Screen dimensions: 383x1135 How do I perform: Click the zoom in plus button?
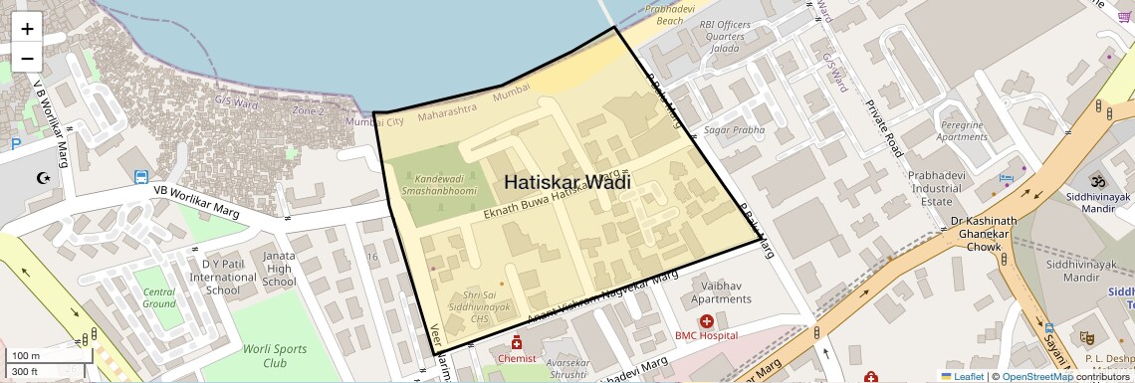(27, 29)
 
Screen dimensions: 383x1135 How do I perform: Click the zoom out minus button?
(27, 58)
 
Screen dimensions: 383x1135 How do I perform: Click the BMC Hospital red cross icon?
(706, 321)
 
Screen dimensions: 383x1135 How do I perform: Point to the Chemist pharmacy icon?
(518, 343)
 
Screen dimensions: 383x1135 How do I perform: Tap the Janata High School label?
(279, 269)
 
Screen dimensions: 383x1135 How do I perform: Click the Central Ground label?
(159, 297)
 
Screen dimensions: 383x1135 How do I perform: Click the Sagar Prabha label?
(735, 130)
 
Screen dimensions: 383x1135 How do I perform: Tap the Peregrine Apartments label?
(961, 130)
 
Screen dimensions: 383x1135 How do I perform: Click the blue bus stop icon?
(142, 178)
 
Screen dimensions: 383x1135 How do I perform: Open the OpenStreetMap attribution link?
(1037, 376)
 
